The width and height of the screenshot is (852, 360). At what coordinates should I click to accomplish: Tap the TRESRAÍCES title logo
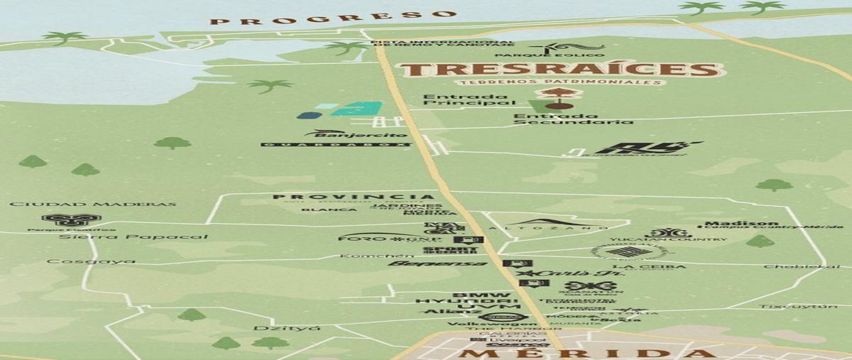(x=559, y=70)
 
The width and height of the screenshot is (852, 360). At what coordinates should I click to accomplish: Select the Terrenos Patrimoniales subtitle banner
(x=560, y=83)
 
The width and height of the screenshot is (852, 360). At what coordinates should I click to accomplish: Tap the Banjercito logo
(x=356, y=133)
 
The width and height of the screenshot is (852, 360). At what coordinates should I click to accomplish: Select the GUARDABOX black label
(x=335, y=145)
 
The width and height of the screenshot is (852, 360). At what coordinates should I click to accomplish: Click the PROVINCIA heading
(x=353, y=197)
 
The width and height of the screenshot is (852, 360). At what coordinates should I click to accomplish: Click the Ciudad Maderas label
(x=92, y=204)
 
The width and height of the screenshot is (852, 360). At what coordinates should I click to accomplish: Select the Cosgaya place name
(x=91, y=261)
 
